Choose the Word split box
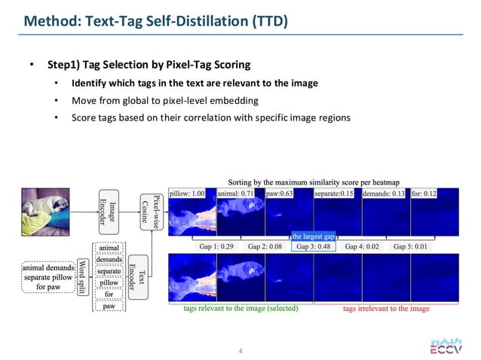coord(82,275)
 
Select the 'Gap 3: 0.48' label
coord(314,246)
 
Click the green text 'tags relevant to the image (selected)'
coord(240,308)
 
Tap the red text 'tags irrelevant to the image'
coord(386,308)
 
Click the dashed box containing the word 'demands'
coord(110,260)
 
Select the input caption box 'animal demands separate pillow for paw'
coord(47,275)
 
